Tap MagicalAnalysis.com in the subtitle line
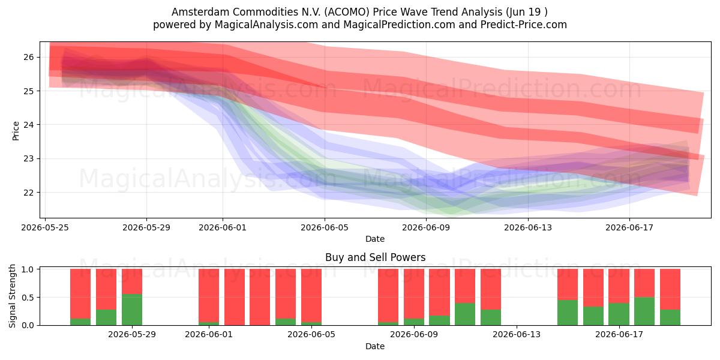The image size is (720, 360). click(266, 25)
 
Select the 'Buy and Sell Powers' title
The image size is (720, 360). click(375, 257)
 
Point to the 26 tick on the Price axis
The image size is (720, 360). click(29, 57)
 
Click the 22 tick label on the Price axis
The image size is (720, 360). click(29, 193)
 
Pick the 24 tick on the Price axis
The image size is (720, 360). click(29, 125)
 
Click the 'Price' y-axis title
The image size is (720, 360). click(16, 131)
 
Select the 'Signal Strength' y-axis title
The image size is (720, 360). click(12, 296)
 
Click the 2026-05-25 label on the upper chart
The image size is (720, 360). click(45, 227)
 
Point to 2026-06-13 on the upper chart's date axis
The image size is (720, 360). click(528, 227)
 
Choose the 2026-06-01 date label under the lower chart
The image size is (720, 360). click(209, 334)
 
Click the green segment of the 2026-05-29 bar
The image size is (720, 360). click(132, 310)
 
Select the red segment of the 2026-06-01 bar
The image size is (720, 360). click(209, 295)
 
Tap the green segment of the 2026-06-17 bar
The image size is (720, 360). click(619, 314)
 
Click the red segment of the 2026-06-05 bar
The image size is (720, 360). click(311, 295)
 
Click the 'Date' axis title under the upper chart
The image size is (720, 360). click(375, 239)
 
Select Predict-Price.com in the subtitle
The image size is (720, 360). click(524, 25)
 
